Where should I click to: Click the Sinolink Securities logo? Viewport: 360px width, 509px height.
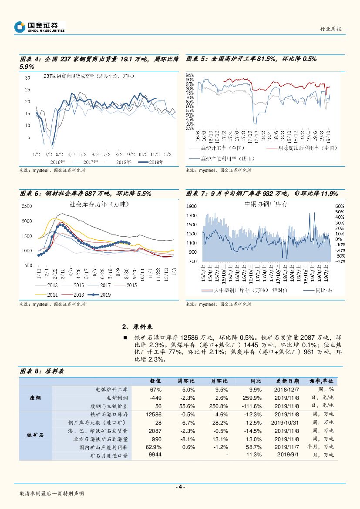[39, 27]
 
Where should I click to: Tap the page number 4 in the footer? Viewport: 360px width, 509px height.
[180, 487]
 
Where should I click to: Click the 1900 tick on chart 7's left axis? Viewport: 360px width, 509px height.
[192, 206]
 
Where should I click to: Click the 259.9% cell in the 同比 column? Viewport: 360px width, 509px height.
[252, 398]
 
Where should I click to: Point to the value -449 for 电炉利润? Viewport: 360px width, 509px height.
[155, 398]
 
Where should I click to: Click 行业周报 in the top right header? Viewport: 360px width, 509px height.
[330, 29]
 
